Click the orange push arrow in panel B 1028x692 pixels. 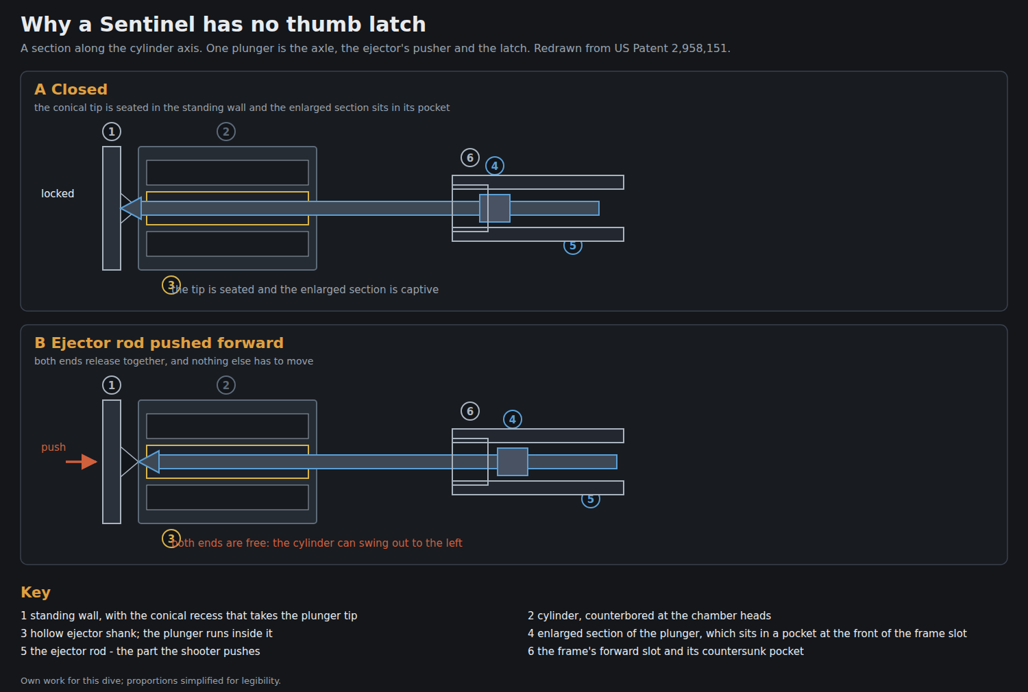(82, 462)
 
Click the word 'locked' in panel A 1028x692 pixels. (58, 194)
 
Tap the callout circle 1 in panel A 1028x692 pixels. (112, 132)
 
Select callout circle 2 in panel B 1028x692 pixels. (225, 385)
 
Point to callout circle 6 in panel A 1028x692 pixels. (470, 158)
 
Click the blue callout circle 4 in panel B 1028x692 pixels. (513, 419)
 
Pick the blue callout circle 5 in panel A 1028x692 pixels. (573, 246)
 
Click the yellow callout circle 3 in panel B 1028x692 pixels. (171, 539)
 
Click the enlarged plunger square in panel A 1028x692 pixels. (495, 208)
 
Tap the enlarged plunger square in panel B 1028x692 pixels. (513, 462)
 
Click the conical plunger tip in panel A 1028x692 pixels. (132, 208)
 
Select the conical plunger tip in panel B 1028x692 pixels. (149, 462)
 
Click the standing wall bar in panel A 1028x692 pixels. (112, 208)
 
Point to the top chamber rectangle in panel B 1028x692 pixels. (228, 426)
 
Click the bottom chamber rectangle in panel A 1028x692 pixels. (228, 244)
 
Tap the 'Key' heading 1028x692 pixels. (36, 592)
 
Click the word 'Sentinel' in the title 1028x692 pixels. (148, 24)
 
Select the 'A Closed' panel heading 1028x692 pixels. (71, 89)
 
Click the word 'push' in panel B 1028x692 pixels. (53, 447)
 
